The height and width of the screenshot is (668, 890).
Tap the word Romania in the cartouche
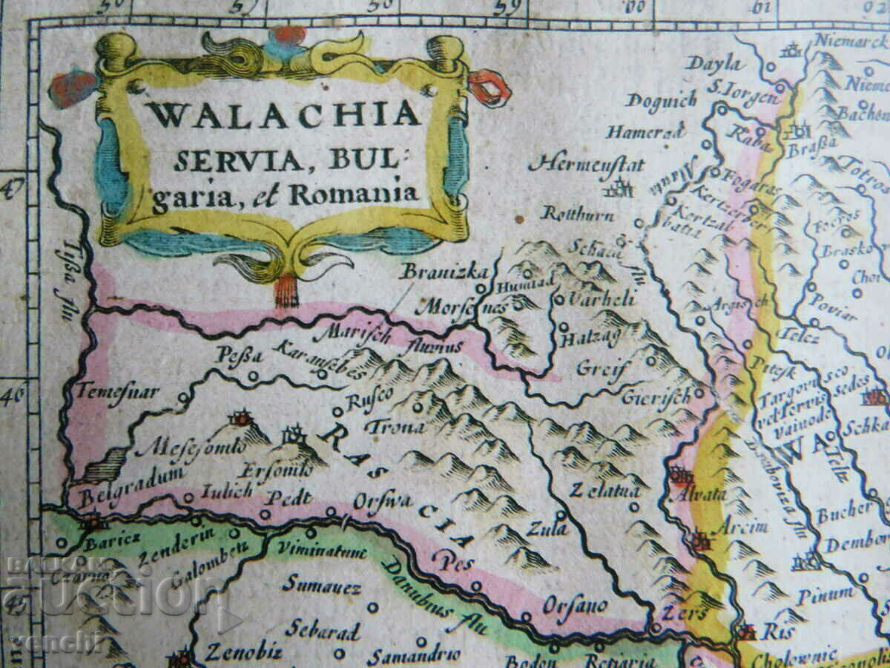(x=354, y=194)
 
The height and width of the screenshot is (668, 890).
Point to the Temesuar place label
(x=118, y=391)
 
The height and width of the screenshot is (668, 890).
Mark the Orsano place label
(x=575, y=605)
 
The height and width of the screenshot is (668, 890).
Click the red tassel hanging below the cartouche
(x=286, y=291)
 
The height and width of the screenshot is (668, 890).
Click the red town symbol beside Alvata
(x=680, y=476)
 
